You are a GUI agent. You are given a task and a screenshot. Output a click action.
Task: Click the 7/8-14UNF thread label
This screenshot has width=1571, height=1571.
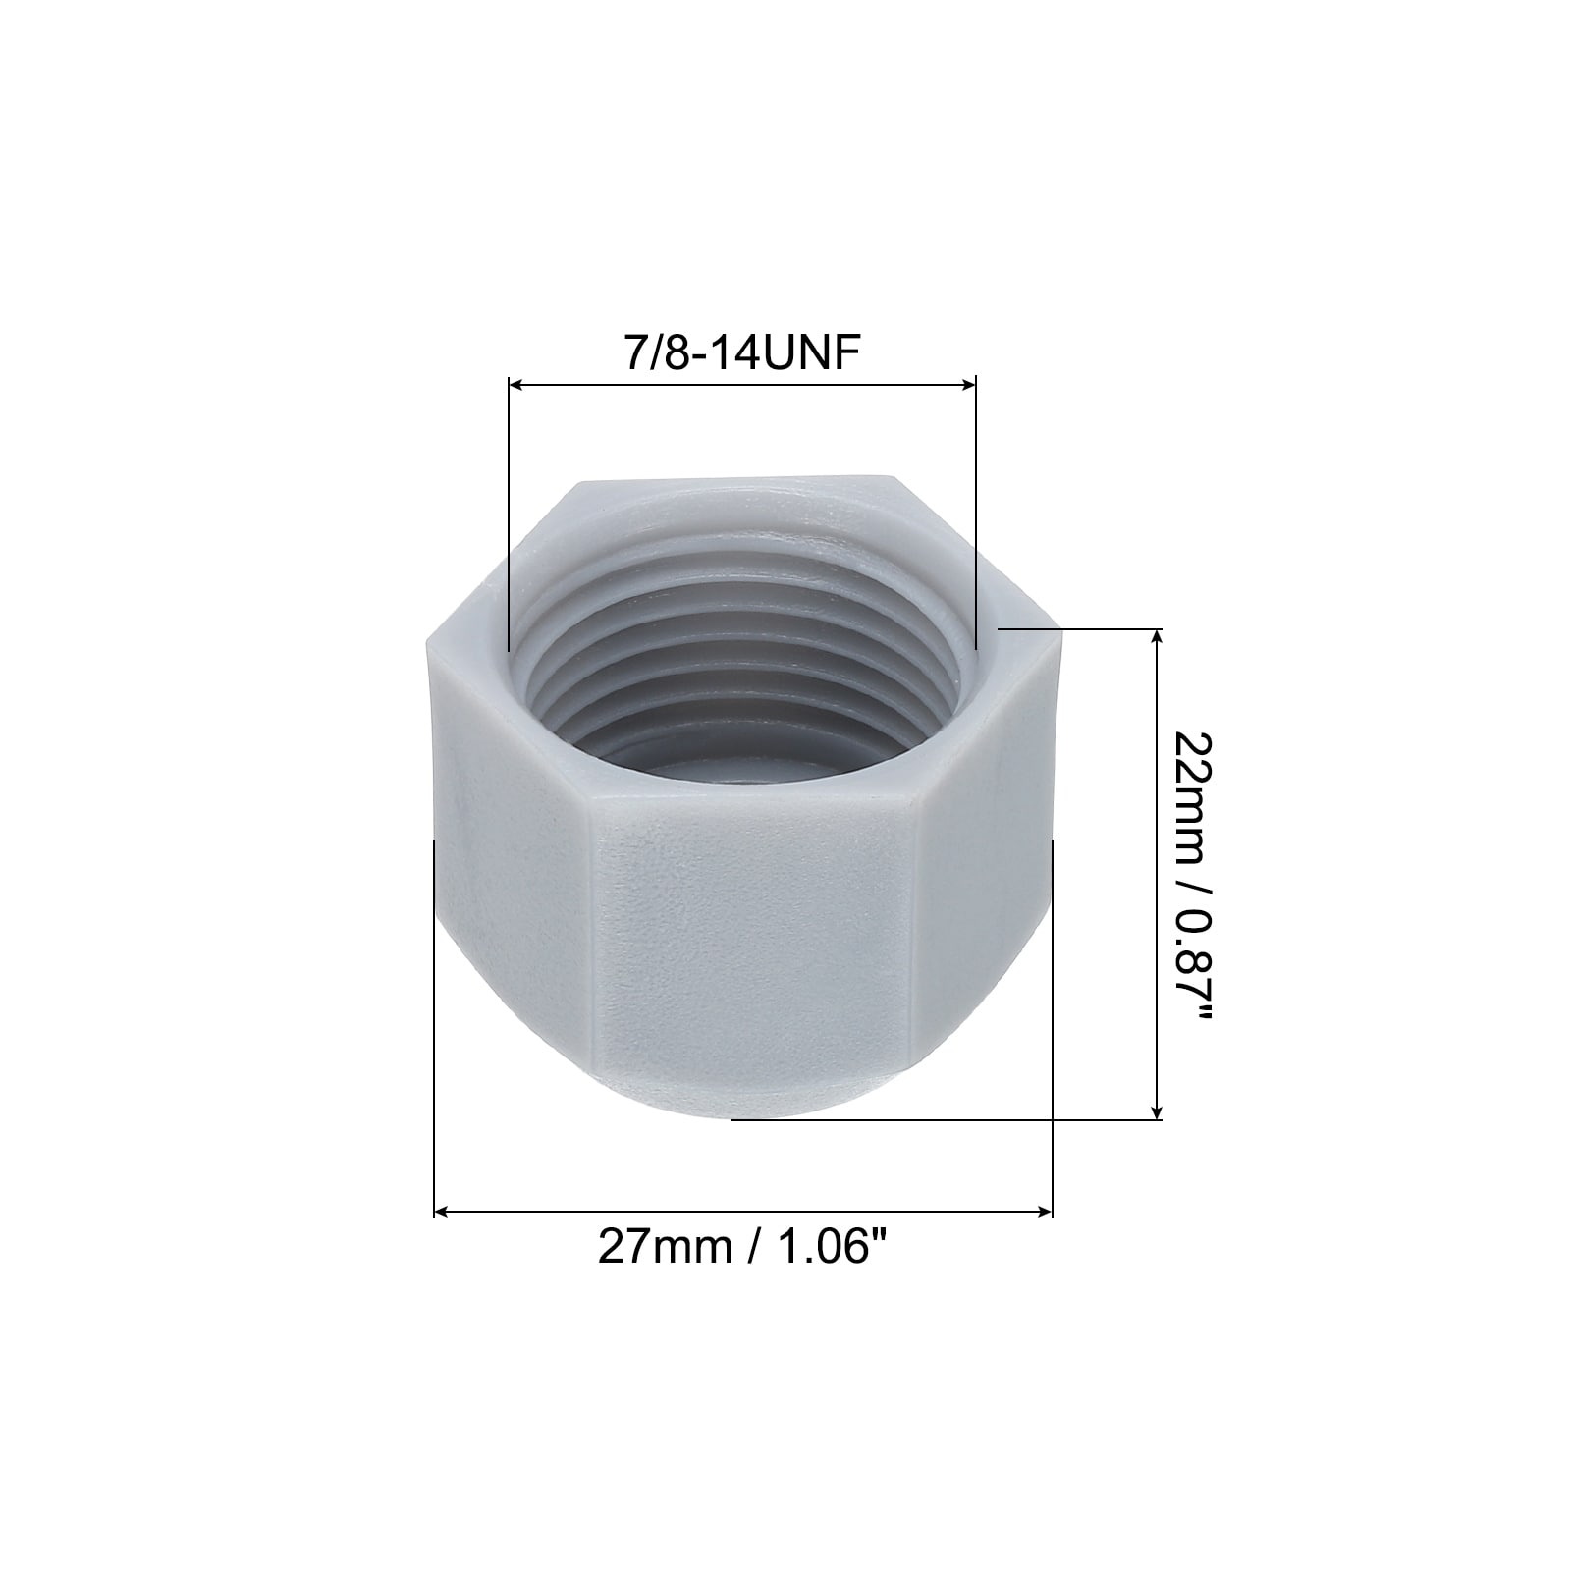tap(742, 352)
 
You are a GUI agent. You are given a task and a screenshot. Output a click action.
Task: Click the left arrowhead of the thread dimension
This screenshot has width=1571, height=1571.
tap(515, 386)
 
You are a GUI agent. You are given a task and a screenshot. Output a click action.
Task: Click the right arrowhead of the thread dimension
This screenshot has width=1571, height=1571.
tap(969, 386)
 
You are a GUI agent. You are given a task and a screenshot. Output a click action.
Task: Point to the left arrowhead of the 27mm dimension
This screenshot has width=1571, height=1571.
tap(442, 1212)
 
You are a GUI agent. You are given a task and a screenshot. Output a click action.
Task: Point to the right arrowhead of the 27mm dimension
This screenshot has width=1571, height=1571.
tap(1045, 1212)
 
